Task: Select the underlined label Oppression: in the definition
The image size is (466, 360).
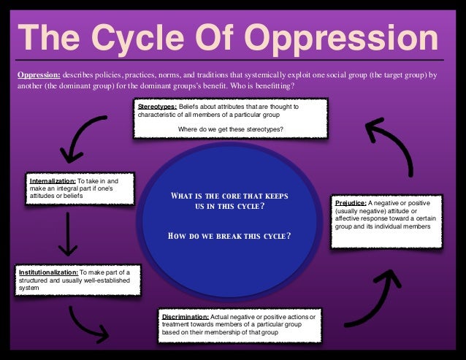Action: tap(38, 74)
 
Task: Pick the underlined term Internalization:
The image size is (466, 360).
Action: tap(53, 180)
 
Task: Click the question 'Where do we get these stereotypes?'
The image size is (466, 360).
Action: tap(231, 130)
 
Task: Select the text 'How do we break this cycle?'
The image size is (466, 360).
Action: tap(230, 235)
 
